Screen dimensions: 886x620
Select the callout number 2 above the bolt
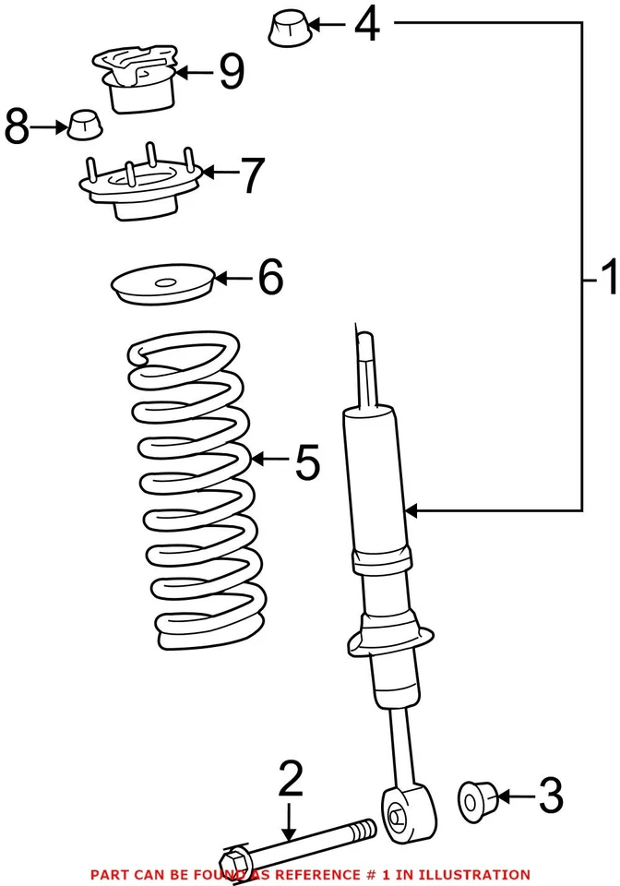point(290,780)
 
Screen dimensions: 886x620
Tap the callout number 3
point(550,796)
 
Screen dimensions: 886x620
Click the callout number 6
point(269,277)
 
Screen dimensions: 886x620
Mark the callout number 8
point(17,127)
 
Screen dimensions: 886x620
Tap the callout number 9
point(231,72)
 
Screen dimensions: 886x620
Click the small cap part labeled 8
point(83,123)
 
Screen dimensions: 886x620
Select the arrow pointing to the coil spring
point(267,459)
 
